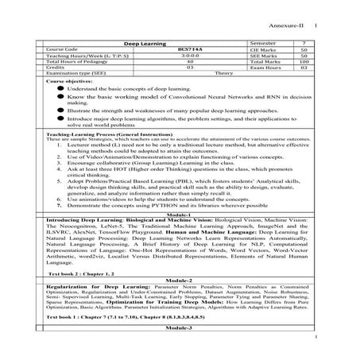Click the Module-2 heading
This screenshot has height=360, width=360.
click(180, 281)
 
